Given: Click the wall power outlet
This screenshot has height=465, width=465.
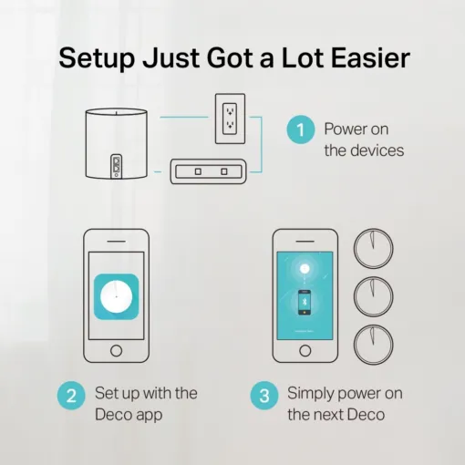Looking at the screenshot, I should pos(230,118).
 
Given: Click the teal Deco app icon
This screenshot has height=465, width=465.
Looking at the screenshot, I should pos(116,297).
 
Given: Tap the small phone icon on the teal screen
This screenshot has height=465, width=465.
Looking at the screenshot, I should pos(305,302).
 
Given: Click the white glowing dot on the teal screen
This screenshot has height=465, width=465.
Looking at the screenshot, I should pos(305,268).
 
